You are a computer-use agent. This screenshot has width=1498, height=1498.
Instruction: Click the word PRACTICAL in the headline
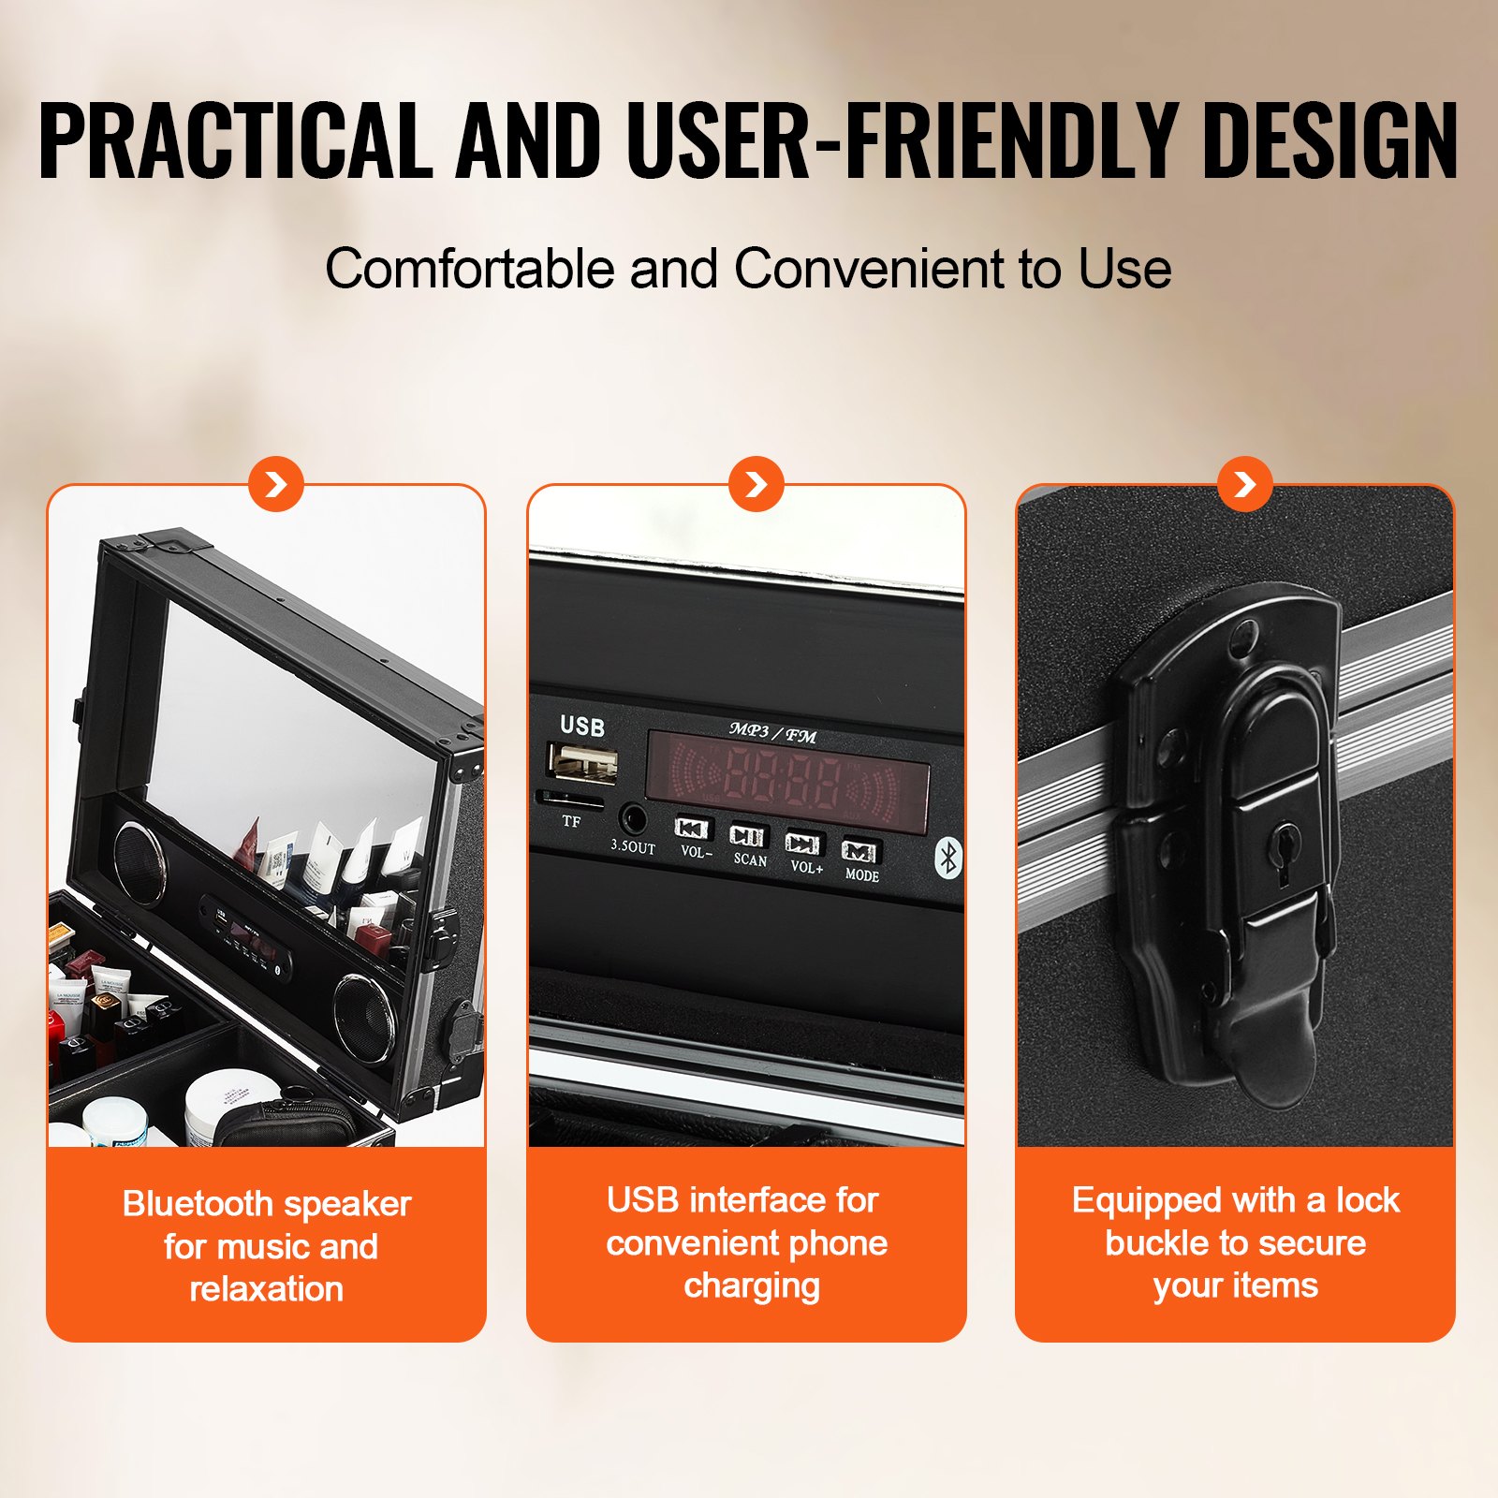click(234, 140)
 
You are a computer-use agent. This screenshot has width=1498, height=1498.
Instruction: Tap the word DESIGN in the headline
click(1329, 140)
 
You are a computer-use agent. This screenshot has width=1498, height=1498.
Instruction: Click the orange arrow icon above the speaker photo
click(276, 484)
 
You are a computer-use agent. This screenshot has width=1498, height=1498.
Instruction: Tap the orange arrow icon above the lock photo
click(1244, 484)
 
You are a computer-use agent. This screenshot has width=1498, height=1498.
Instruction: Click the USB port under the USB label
click(582, 762)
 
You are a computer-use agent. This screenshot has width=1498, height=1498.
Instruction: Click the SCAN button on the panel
click(747, 836)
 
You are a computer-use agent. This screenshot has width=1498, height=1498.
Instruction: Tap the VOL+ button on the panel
click(803, 844)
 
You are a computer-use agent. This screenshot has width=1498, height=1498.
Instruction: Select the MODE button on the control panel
click(859, 852)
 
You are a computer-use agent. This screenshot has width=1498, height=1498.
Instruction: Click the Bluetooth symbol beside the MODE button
click(947, 858)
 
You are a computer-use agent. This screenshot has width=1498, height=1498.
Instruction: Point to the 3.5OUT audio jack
click(634, 820)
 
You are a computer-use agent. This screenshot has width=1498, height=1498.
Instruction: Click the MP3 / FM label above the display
click(772, 733)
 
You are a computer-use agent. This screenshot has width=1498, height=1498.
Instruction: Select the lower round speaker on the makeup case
click(363, 1017)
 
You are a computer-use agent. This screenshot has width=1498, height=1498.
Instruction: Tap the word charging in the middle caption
click(752, 1286)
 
